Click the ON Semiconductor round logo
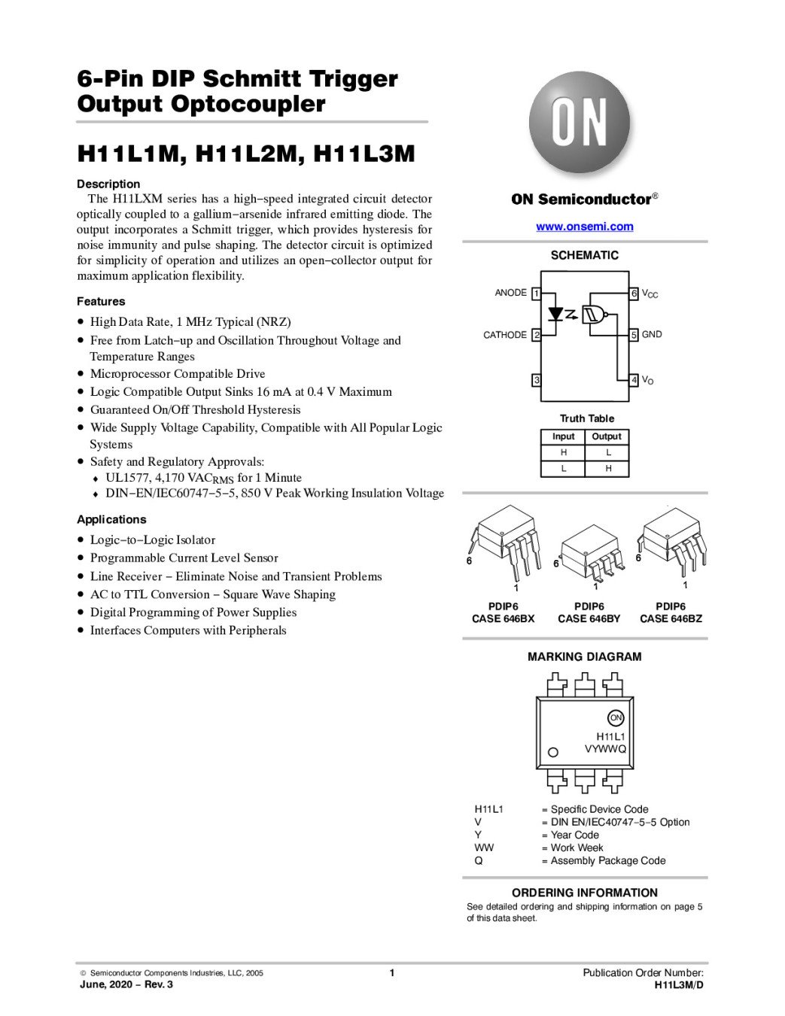(580, 123)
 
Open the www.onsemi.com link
(584, 227)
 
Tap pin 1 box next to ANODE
(537, 294)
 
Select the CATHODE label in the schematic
(504, 335)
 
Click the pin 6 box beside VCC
(634, 294)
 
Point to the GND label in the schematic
(652, 335)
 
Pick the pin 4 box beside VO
(634, 380)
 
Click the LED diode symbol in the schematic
(557, 313)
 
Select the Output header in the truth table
(607, 437)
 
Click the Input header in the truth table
(563, 437)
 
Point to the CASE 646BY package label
(589, 619)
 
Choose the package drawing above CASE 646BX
(504, 543)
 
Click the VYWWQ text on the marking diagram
(605, 749)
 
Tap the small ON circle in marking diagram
(616, 718)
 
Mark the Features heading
(101, 302)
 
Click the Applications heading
(111, 520)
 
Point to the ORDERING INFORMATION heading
(585, 893)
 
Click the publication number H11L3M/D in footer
(679, 984)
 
